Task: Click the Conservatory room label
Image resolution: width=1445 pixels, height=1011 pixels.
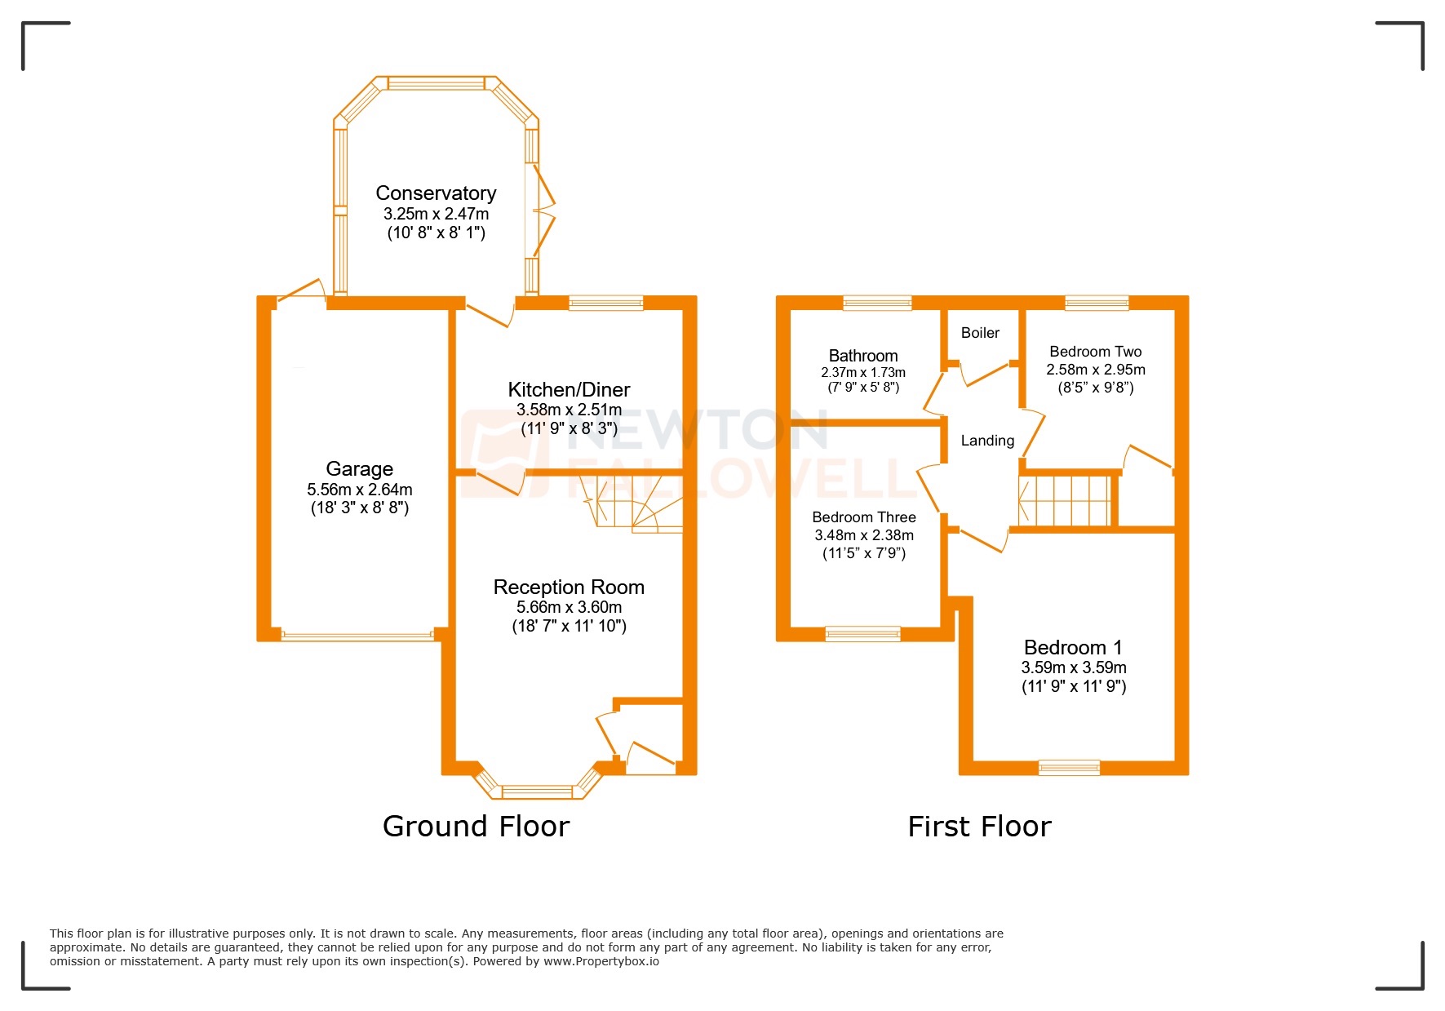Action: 436,193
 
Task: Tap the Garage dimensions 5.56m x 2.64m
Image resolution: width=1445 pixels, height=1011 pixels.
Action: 359,490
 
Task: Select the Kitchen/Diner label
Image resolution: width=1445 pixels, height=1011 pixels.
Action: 569,389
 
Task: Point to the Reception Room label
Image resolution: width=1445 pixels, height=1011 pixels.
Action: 569,587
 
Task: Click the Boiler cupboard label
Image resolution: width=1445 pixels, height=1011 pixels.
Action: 980,333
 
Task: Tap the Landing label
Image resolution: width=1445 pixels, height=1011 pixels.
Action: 987,441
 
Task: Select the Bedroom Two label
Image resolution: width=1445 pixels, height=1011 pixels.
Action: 1095,352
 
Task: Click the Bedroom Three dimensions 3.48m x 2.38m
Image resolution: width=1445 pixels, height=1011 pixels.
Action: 864,535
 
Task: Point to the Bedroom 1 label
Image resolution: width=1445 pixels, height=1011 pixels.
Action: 1073,647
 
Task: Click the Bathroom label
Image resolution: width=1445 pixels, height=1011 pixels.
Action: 863,356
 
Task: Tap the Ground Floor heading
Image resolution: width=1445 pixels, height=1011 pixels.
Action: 476,827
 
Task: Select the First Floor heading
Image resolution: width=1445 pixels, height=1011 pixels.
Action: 979,827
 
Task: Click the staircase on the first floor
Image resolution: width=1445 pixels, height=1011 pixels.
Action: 1065,500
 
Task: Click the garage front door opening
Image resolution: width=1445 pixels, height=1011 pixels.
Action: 357,635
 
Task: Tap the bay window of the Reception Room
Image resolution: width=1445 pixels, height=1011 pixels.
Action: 537,791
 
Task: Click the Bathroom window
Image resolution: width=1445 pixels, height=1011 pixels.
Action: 877,303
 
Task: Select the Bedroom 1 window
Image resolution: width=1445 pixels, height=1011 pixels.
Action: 1069,767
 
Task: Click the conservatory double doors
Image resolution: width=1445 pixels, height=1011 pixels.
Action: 543,212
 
